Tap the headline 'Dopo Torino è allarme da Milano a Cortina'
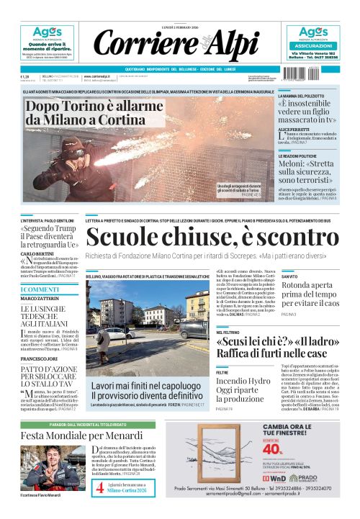[84, 112]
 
